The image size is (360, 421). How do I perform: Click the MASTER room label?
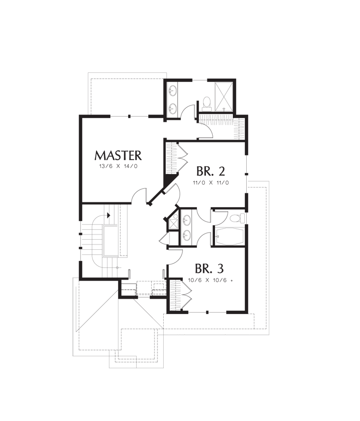click(118, 155)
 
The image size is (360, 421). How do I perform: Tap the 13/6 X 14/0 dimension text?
click(118, 166)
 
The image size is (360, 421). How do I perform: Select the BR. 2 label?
click(211, 171)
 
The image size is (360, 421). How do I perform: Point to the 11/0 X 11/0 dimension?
click(211, 183)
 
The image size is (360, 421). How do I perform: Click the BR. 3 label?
click(209, 268)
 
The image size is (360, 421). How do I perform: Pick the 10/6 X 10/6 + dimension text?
click(210, 281)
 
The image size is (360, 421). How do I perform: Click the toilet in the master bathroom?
click(206, 104)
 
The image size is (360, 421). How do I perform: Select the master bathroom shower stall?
click(224, 96)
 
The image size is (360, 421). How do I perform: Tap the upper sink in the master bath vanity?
click(172, 90)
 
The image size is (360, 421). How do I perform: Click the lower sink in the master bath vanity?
click(172, 109)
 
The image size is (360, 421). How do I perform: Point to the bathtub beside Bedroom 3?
click(228, 236)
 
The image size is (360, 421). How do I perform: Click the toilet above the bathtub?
click(238, 218)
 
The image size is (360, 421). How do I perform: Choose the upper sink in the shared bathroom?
click(186, 221)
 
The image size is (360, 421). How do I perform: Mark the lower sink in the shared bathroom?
click(186, 235)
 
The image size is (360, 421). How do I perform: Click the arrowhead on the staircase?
click(108, 215)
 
